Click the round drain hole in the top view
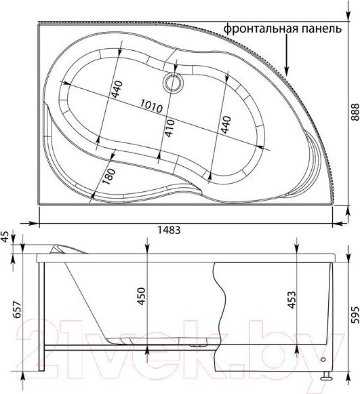pyautogui.click(x=172, y=83)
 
